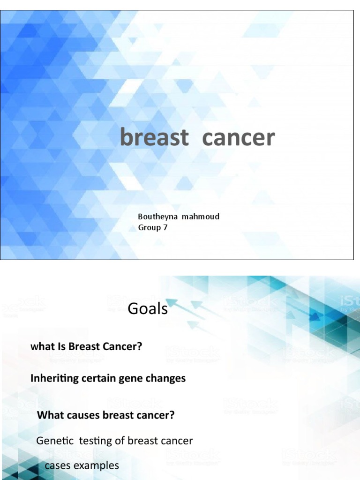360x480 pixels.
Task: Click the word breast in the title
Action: coord(154,137)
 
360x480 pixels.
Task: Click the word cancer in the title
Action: coord(239,138)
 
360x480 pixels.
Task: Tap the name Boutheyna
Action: coord(157,217)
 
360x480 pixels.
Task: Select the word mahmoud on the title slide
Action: coord(201,217)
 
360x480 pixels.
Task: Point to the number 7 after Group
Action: coord(165,227)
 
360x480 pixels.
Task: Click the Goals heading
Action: coord(148,308)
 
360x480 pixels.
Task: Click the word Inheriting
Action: coord(55,378)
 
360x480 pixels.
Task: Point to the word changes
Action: coord(165,378)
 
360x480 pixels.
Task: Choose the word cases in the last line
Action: coord(58,465)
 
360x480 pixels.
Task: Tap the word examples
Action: coord(96,466)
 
